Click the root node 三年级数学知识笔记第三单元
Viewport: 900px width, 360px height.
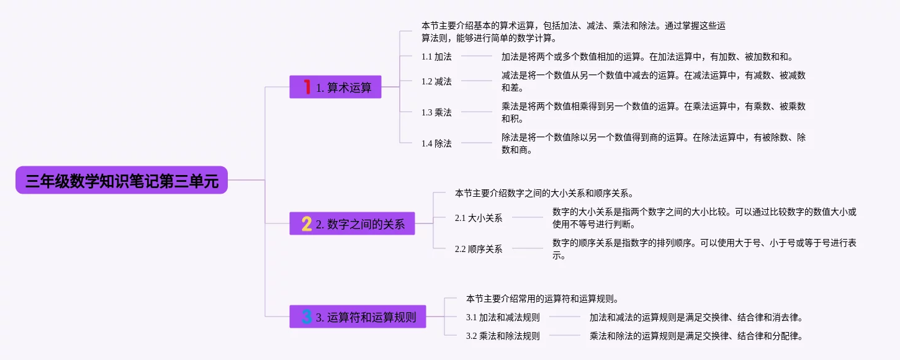(x=122, y=180)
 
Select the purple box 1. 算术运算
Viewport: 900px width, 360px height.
(x=335, y=88)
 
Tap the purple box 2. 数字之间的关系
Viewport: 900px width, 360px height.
(x=352, y=223)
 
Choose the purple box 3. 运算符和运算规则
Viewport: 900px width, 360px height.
(x=358, y=317)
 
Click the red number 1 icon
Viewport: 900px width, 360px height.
(x=306, y=87)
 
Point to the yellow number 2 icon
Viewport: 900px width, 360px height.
(x=306, y=223)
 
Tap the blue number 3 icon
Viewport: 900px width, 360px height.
(x=306, y=317)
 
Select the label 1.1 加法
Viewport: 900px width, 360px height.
(x=436, y=56)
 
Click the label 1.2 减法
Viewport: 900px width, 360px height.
(x=436, y=81)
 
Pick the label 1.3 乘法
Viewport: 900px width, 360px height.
(x=436, y=112)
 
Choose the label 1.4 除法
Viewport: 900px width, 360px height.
(x=436, y=143)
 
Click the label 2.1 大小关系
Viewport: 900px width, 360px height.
(x=479, y=218)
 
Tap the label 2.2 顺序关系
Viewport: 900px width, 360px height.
(x=479, y=249)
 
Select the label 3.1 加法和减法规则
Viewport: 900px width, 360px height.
(x=503, y=317)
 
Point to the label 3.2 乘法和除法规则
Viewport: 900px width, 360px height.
(x=503, y=336)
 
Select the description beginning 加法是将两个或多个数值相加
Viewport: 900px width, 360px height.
(x=647, y=56)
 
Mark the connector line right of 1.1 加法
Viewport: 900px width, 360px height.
(x=476, y=56)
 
